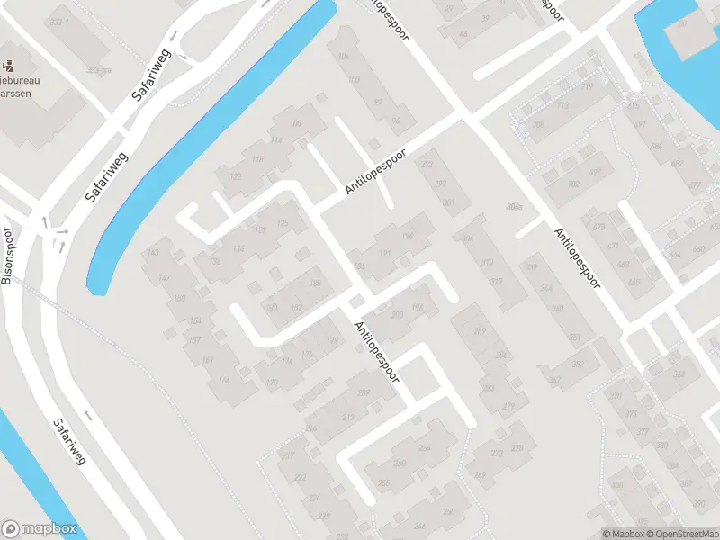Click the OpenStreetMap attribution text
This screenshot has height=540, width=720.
(x=681, y=534)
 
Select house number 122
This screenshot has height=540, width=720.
(x=237, y=177)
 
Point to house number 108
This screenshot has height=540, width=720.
(x=296, y=123)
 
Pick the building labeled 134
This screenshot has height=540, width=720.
(x=238, y=249)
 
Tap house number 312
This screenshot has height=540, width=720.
(x=496, y=282)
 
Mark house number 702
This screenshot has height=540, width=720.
(x=573, y=184)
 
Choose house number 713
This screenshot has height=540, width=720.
(x=564, y=106)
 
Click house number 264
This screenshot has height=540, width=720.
(x=424, y=447)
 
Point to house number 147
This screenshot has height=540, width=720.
(x=164, y=278)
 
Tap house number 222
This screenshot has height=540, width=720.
(x=301, y=477)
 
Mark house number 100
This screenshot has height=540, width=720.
(x=353, y=80)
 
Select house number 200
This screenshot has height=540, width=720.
(x=397, y=314)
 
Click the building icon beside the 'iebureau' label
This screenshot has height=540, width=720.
(x=9, y=65)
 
